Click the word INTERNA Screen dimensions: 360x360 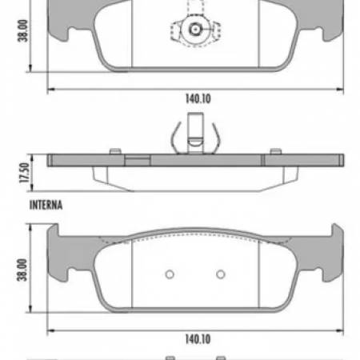pyautogui.click(x=46, y=205)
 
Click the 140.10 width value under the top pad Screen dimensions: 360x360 pyautogui.click(x=194, y=100)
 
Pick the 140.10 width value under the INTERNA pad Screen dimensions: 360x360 pyautogui.click(x=194, y=339)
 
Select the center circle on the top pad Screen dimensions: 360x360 pyautogui.click(x=194, y=31)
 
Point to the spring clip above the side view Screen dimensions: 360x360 pyautogui.click(x=194, y=136)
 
